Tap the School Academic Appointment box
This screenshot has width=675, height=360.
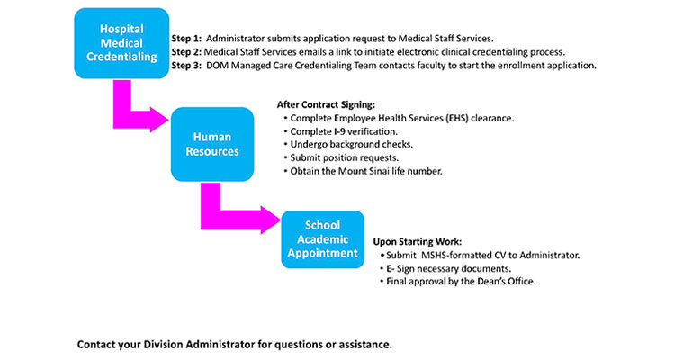(x=322, y=239)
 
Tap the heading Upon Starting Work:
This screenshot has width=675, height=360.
(x=418, y=242)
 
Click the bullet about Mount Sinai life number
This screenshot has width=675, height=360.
(x=367, y=170)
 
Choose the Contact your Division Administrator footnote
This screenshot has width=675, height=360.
(x=235, y=344)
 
